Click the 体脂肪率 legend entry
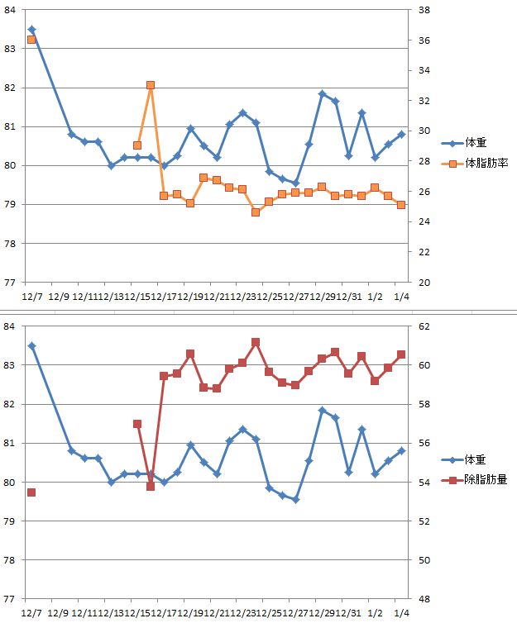pos(487,164)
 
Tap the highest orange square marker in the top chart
pos(151,85)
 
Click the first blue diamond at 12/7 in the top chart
pos(31,30)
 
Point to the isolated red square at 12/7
pos(31,492)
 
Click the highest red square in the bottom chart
pos(256,342)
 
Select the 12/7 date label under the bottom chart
pos(33,613)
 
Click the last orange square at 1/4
pos(401,205)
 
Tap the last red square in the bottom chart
pos(401,354)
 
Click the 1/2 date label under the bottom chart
pos(375,613)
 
